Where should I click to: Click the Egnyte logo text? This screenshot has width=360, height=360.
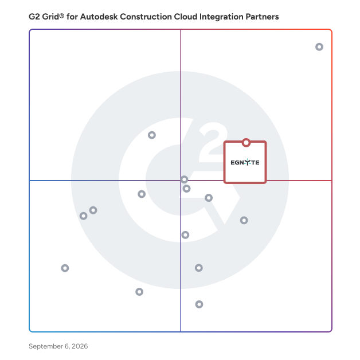245,162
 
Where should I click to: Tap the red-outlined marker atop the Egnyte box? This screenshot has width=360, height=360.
246,143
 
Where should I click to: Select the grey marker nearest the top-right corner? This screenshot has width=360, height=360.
319,47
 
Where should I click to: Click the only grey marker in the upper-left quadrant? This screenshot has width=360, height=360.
152,135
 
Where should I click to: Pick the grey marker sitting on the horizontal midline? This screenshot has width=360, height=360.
184,179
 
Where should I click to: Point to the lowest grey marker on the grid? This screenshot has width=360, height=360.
199,304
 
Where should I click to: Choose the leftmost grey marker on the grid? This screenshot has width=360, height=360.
65,268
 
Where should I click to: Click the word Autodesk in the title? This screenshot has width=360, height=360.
99,17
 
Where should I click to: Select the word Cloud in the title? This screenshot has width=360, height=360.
186,17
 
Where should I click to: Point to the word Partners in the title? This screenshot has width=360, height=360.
262,17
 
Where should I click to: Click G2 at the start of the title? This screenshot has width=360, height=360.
34,17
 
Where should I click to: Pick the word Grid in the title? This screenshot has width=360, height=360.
50,17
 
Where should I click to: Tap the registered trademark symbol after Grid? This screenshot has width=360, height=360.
62,15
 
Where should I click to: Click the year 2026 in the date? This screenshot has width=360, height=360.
80,346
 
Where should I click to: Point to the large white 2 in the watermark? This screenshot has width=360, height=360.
213,142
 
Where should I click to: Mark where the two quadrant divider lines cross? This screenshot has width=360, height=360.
181,181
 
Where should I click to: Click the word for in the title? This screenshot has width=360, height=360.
72,17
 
